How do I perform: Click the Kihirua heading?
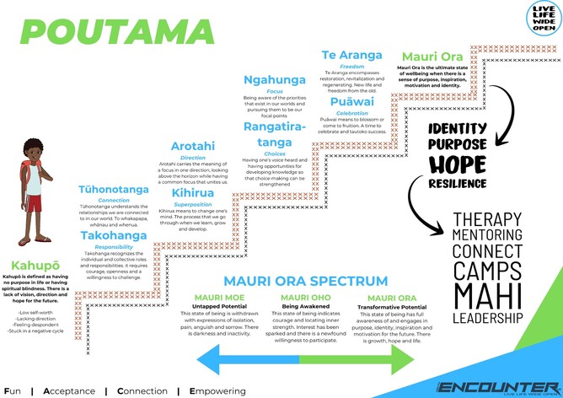[x=191, y=193]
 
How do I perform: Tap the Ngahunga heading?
[x=274, y=80]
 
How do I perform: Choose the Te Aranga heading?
[x=352, y=56]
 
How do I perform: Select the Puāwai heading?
[x=352, y=102]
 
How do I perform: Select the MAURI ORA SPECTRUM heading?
[x=305, y=281]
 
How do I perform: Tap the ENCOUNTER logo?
[x=498, y=386]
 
